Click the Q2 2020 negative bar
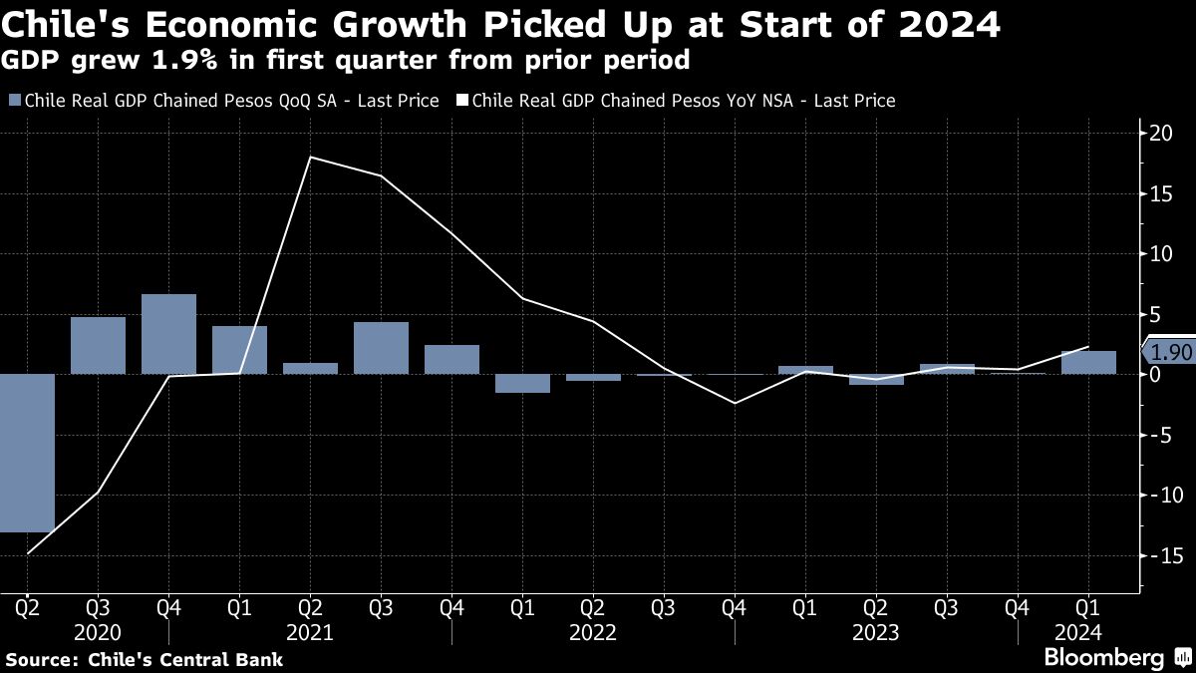[x=27, y=454]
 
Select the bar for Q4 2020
[x=168, y=334]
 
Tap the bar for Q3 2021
[x=381, y=348]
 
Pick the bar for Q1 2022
[x=522, y=383]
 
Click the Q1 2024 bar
[x=1088, y=363]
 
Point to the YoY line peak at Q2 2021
[x=310, y=158]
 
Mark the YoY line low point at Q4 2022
[x=735, y=403]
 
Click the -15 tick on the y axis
[x=1157, y=555]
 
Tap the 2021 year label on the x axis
[x=310, y=632]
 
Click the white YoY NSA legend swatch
[x=461, y=101]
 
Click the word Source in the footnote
[x=41, y=659]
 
